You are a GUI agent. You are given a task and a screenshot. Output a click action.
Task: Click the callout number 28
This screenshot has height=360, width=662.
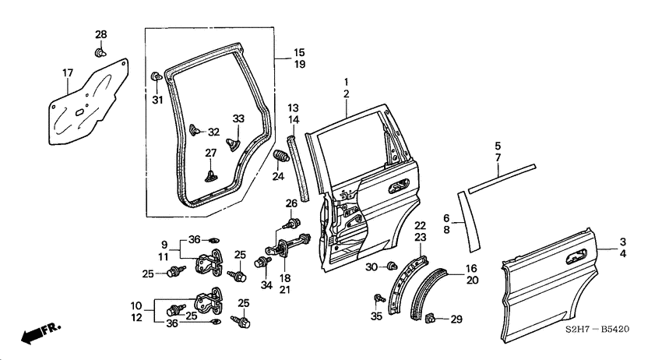(x=100, y=35)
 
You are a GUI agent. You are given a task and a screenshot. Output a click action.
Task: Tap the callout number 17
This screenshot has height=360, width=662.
(x=67, y=73)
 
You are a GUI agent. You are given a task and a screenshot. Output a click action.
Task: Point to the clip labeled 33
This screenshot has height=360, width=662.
(x=233, y=143)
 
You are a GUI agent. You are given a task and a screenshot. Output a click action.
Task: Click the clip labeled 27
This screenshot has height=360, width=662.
(x=211, y=174)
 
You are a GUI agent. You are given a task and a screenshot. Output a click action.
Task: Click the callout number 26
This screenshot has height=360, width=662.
(x=291, y=204)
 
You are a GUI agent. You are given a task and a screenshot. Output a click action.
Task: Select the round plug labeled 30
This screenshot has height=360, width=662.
(x=393, y=266)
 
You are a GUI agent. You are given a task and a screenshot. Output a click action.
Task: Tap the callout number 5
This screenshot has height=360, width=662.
(x=496, y=145)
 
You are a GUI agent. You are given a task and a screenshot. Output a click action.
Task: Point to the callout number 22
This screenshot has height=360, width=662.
(x=420, y=225)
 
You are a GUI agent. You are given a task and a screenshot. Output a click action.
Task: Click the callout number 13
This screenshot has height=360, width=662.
(x=294, y=107)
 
